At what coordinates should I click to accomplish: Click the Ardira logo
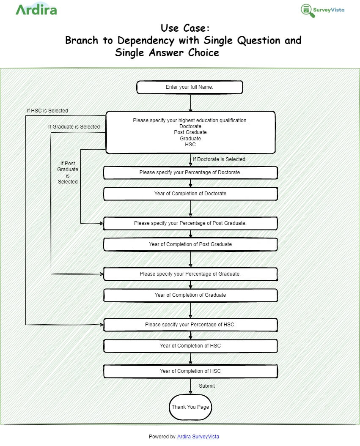(x=36, y=10)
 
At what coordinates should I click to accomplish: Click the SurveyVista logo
(x=322, y=10)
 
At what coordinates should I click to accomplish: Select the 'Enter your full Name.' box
(x=190, y=87)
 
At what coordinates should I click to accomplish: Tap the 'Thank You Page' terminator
(x=190, y=407)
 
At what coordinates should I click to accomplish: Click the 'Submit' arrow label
(x=207, y=386)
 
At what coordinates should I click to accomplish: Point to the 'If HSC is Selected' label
(x=47, y=111)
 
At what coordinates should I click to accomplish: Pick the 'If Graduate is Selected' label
(x=74, y=127)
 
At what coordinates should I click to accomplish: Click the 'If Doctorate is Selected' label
(x=219, y=159)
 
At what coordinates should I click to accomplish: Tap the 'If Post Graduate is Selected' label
(x=68, y=172)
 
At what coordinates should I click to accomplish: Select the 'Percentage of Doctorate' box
(x=190, y=172)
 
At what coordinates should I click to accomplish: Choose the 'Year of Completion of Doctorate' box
(x=190, y=194)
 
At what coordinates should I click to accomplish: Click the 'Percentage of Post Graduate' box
(x=190, y=223)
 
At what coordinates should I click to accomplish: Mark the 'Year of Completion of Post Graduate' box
(x=190, y=244)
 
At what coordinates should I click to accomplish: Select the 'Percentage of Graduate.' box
(x=190, y=274)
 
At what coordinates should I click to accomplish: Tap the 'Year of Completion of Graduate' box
(x=190, y=295)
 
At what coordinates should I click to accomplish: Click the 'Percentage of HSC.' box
(x=190, y=325)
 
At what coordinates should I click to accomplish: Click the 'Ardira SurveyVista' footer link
(x=198, y=437)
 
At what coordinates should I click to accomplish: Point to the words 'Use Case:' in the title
(x=185, y=28)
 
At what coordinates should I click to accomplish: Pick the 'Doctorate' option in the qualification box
(x=190, y=126)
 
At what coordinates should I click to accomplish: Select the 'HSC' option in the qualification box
(x=190, y=145)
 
